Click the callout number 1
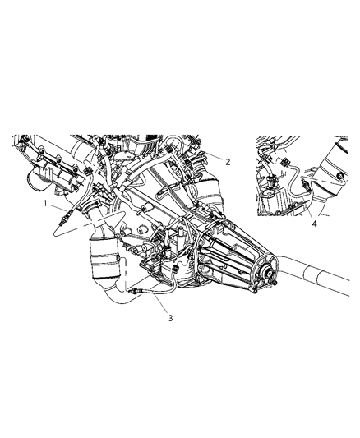(45, 204)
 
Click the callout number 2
(228, 161)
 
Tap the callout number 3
(171, 318)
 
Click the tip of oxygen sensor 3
(131, 292)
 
